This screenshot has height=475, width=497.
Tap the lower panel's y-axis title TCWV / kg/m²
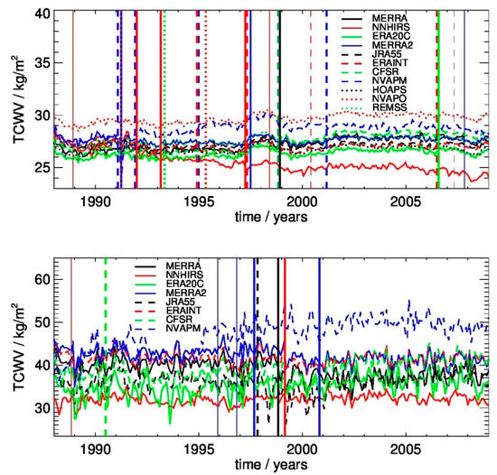[13, 348]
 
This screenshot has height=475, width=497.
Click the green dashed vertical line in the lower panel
[106, 361]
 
